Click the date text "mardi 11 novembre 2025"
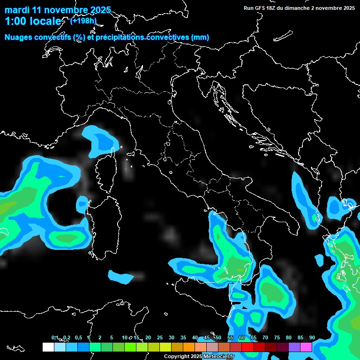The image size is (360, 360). coord(58,10)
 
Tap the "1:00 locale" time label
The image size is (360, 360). coord(33,21)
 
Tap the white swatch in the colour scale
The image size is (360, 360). coord(48,347)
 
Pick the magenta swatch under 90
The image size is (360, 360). coord(306,347)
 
